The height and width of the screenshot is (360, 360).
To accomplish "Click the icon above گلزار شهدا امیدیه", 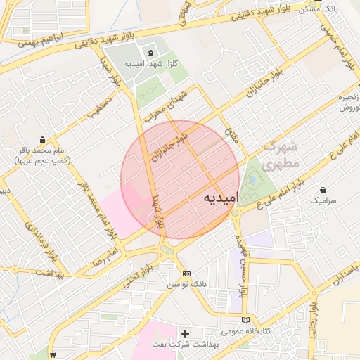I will pos(150,53).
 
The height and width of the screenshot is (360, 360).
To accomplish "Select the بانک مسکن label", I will pos(337,10).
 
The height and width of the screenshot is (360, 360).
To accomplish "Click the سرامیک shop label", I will pos(323,200).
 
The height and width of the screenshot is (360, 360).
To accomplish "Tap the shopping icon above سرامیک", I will pos(323,190).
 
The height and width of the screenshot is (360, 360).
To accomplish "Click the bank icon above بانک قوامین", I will pos(186,274).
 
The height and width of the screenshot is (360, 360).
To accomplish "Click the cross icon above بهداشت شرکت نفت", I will pos(186,333).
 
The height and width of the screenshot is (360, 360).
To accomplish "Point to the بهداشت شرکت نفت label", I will pos(186,345).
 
